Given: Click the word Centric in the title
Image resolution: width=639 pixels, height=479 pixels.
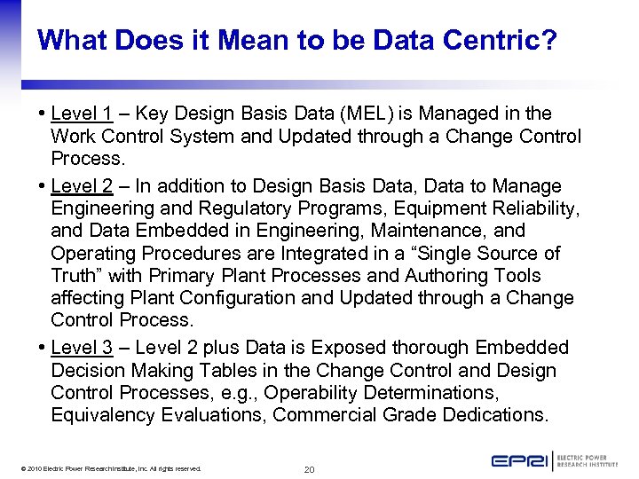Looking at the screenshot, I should click(x=495, y=40).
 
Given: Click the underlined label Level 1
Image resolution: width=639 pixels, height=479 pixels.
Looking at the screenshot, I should click(x=82, y=114).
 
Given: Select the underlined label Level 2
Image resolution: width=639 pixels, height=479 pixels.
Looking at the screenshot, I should click(x=82, y=186).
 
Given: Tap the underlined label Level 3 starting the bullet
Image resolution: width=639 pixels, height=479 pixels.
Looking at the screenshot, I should click(x=82, y=348).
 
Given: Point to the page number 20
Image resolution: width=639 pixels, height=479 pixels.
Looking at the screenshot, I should click(x=309, y=469).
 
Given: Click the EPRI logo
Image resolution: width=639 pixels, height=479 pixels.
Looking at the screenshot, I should click(x=555, y=460).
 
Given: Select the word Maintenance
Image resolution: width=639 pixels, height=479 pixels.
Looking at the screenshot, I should click(x=449, y=231).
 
